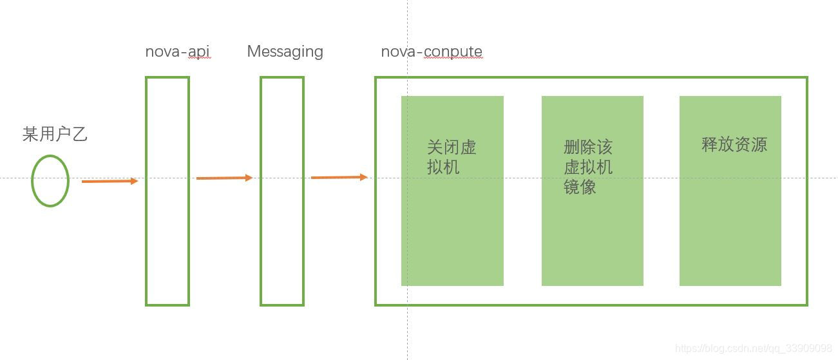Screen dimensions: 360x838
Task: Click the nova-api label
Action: (177, 52)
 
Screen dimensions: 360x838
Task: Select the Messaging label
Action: (285, 52)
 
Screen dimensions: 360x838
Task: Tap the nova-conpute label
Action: (431, 52)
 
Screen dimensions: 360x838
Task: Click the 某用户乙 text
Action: (55, 134)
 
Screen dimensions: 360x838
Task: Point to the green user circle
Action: (50, 181)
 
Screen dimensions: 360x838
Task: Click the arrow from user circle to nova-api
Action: (110, 182)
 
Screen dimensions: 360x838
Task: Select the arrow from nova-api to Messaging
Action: (224, 178)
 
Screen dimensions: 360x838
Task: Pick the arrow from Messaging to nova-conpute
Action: (339, 177)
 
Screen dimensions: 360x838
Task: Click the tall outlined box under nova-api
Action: (167, 245)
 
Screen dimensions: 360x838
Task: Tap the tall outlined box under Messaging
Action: (281, 245)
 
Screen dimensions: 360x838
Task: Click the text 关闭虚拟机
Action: (451, 157)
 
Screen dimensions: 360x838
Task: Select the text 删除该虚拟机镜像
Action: (587, 167)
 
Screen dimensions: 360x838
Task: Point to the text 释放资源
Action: (734, 144)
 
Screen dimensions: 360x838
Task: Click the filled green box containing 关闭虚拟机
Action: (452, 232)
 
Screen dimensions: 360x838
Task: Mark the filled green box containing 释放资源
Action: (730, 219)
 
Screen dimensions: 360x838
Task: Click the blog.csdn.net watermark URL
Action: (753, 348)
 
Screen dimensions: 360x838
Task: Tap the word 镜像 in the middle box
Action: (580, 187)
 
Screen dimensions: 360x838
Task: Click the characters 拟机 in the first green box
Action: (443, 167)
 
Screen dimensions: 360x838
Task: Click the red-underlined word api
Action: (199, 52)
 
